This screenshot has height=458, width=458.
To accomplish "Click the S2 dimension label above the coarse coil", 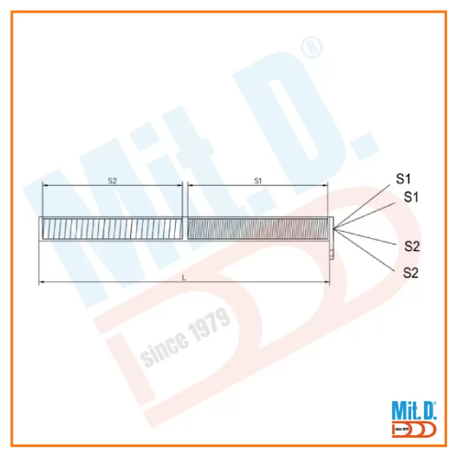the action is coord(112,181).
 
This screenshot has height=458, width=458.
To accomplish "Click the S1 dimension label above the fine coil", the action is coord(258,181).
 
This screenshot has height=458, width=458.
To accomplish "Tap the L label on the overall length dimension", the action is coord(184,278).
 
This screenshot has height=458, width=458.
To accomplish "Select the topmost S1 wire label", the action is coord(403,179).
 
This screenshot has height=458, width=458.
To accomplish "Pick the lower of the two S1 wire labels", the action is coord(411,197).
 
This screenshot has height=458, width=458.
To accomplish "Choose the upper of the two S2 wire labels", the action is coord(412,247).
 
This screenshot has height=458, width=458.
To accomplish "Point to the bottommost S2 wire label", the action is coord(410,273).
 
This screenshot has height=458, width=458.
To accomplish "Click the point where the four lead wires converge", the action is coord(334,228).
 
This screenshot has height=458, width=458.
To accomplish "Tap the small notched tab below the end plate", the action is coord(331,254).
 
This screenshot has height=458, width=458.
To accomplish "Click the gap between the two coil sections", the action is coord(185,228).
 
